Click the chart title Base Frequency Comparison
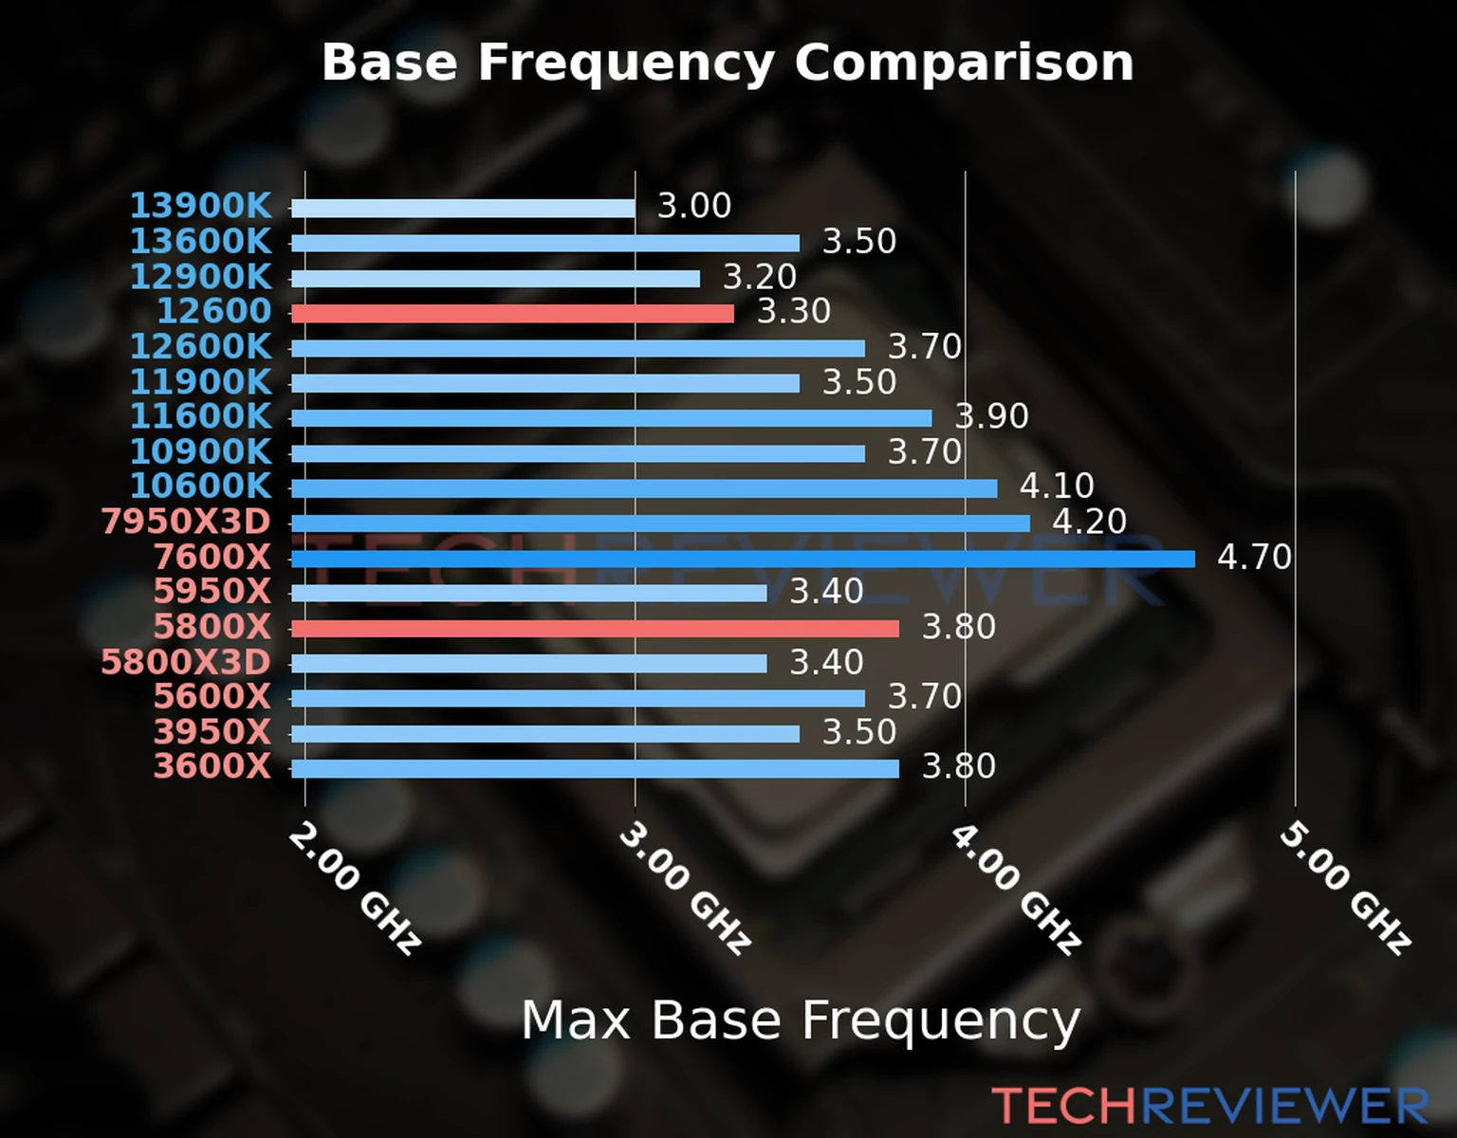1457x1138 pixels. (728, 63)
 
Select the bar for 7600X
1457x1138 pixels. (743, 559)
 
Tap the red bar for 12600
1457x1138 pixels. (512, 313)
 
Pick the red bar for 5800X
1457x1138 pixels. (595, 628)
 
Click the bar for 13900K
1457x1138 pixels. (463, 208)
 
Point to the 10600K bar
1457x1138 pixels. (644, 488)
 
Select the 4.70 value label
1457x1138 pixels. (1254, 557)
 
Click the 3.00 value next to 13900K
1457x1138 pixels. (694, 206)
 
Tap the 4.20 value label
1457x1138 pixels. (1089, 522)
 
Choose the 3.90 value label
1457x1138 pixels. (992, 416)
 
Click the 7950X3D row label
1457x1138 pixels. (186, 522)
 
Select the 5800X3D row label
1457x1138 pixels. (186, 662)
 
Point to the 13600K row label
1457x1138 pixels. (200, 242)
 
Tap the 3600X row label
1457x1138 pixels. (212, 766)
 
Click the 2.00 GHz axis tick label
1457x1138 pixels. (353, 888)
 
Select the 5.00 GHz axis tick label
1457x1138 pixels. (1344, 888)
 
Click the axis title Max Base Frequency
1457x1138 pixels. (801, 1021)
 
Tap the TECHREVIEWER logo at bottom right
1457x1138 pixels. (1209, 1106)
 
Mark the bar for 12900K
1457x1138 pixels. (495, 279)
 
